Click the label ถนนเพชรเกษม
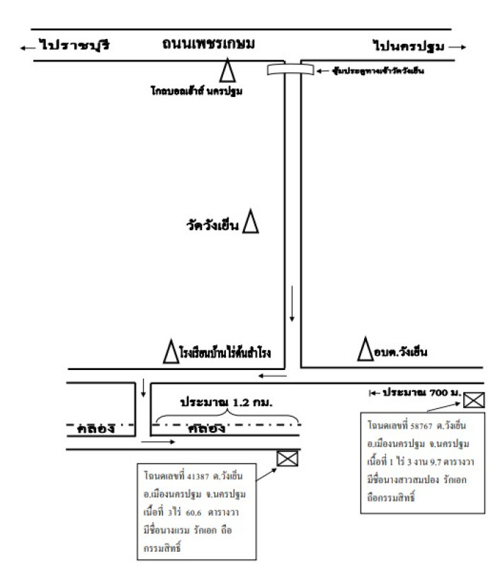click(208, 44)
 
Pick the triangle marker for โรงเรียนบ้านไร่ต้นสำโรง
click(170, 352)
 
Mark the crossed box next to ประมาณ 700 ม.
click(474, 401)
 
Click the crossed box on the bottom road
click(287, 458)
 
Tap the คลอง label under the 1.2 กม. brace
click(206, 428)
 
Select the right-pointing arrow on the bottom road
click(157, 441)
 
